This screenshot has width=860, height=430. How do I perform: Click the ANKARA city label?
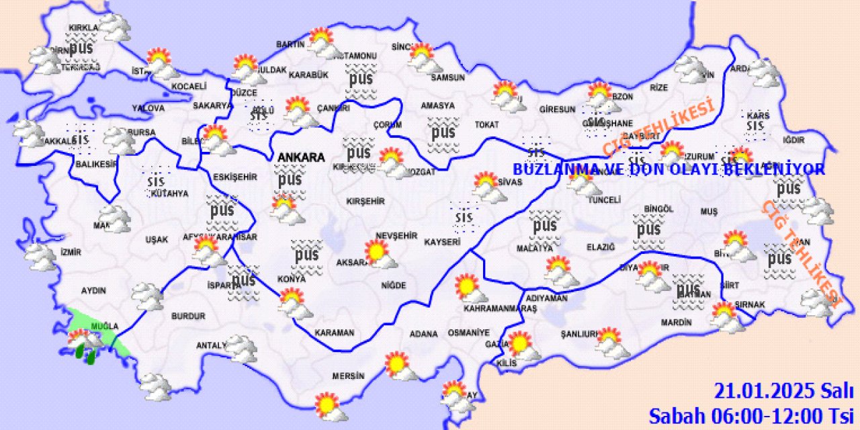click(x=300, y=157)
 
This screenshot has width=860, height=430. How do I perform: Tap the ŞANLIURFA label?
click(x=579, y=334)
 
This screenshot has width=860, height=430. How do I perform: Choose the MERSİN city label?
click(x=348, y=376)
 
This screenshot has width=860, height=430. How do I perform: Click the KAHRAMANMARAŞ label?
click(x=501, y=308)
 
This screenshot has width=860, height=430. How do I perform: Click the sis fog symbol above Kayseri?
click(x=464, y=216)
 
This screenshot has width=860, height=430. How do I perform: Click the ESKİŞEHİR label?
click(x=235, y=177)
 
